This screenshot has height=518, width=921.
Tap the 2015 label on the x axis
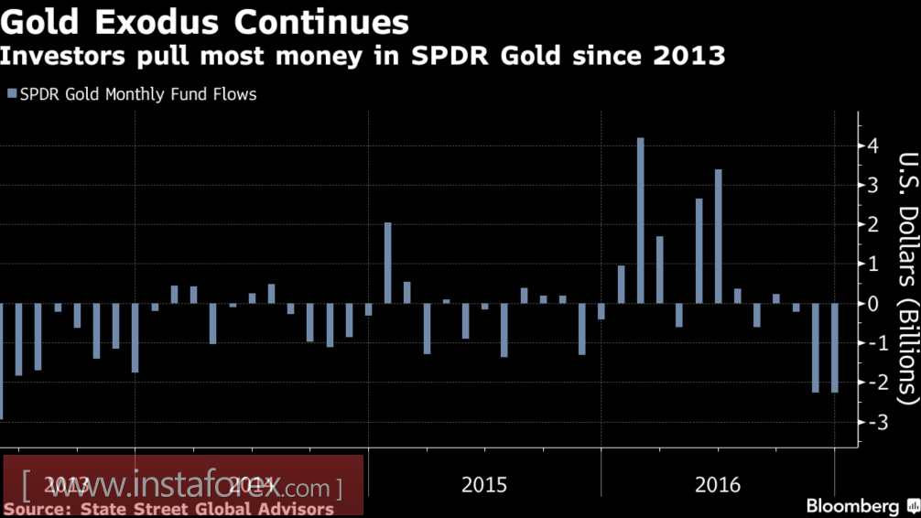tap(484, 484)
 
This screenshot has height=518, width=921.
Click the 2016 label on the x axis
tap(717, 484)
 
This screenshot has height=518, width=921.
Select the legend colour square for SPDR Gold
tap(12, 93)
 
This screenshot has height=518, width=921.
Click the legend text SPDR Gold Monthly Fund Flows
tap(138, 93)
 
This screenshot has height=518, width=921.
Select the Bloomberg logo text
tap(852, 505)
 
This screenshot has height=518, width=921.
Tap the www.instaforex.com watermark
tap(183, 484)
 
